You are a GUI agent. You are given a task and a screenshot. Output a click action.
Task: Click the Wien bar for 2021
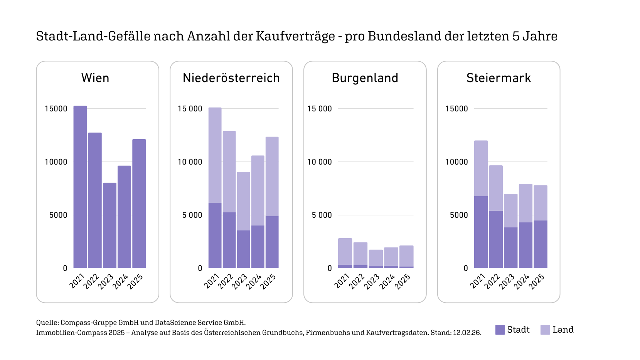(80, 187)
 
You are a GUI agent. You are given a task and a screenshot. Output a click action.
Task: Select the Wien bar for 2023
(109, 225)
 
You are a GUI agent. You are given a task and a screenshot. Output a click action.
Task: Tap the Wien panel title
(95, 78)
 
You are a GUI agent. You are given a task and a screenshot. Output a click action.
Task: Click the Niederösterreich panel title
(231, 78)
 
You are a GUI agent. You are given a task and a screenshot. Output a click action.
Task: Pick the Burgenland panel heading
(365, 78)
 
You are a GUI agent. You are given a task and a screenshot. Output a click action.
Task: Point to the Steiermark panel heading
(499, 78)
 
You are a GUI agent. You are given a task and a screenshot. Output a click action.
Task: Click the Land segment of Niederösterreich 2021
(215, 155)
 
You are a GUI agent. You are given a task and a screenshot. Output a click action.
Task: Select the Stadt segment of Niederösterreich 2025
(272, 242)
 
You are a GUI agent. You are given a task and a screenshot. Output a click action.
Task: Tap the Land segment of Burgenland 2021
(345, 252)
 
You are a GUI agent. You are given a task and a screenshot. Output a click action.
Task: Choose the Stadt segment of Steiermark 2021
(481, 232)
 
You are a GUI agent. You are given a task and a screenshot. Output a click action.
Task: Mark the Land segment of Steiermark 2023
(510, 210)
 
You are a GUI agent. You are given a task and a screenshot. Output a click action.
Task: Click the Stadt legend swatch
(500, 330)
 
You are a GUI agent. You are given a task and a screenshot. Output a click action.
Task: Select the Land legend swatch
(545, 330)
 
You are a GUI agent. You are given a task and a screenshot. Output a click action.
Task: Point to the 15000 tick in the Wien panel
(56, 109)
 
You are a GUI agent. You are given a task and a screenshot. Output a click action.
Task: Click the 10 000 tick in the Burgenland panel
(319, 162)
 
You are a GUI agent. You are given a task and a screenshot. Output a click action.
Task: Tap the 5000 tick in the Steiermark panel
(459, 215)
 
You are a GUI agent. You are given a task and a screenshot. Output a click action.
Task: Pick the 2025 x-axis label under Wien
(135, 281)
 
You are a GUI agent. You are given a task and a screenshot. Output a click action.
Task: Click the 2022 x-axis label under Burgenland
(357, 281)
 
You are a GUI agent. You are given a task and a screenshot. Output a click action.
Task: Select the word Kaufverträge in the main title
(295, 36)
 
